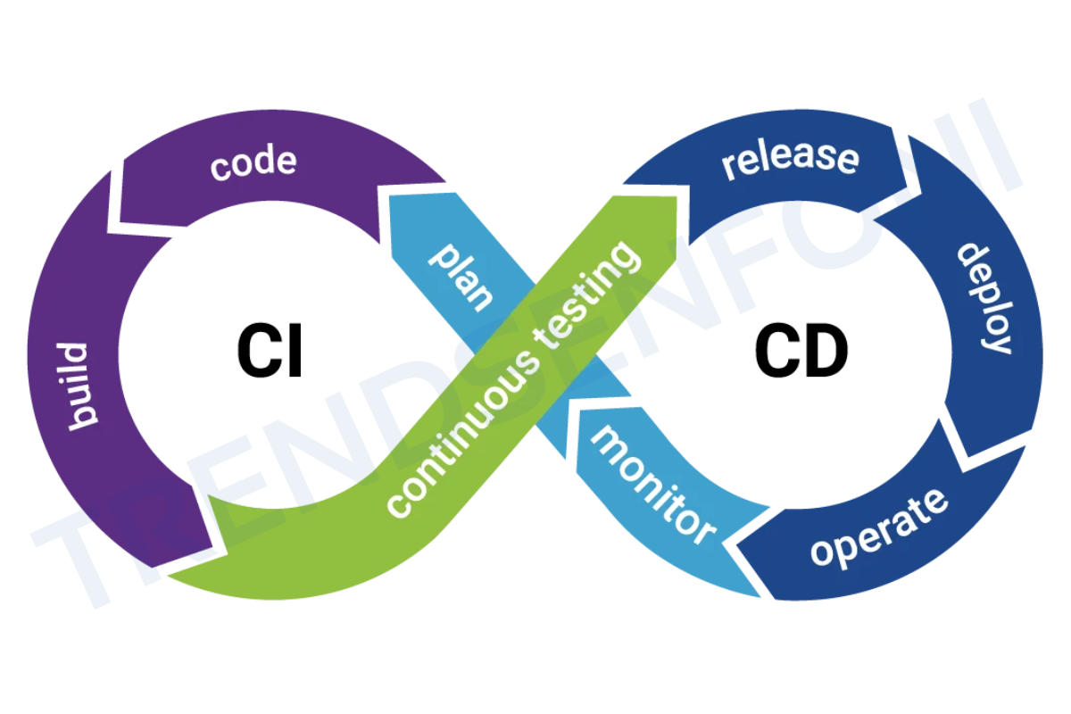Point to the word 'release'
pyautogui.click(x=790, y=158)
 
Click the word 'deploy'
pyautogui.click(x=984, y=298)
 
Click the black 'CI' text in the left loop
pyautogui.click(x=270, y=350)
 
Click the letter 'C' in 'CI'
pyautogui.click(x=254, y=350)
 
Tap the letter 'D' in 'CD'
pyautogui.click(x=825, y=350)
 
